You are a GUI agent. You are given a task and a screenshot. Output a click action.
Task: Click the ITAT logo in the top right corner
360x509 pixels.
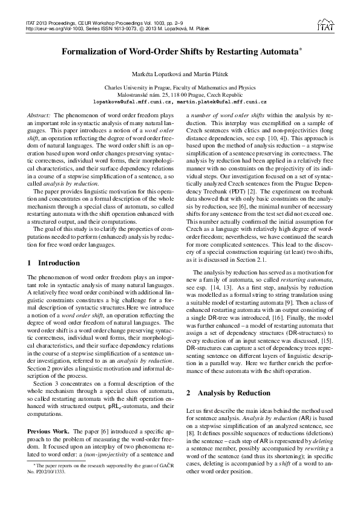point(327,25)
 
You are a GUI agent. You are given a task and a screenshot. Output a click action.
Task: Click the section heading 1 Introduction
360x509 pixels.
point(54,263)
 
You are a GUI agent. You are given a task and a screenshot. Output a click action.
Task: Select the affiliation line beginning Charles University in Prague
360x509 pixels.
point(180,88)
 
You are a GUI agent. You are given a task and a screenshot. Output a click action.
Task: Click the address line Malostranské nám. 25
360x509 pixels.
point(180,95)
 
